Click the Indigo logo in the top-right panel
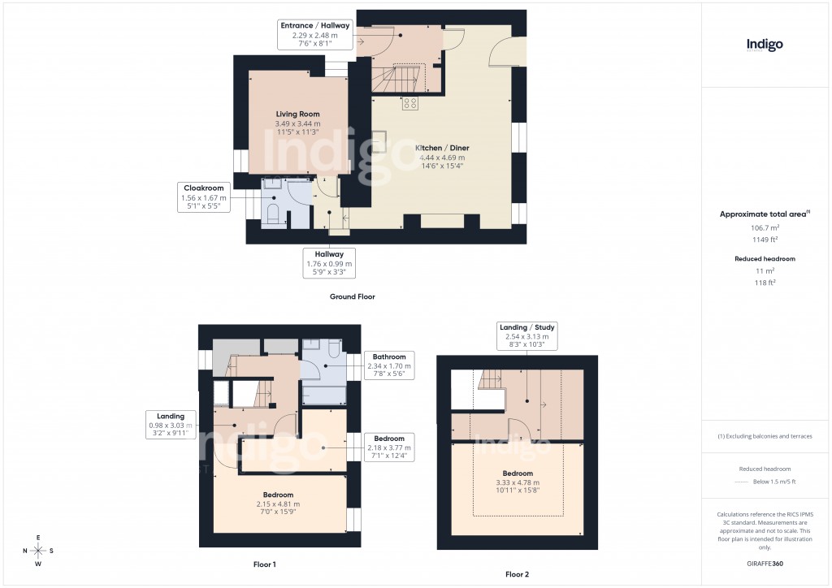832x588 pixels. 765,45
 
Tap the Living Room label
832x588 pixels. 297,115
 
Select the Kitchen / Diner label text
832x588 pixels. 442,148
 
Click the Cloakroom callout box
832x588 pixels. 203,197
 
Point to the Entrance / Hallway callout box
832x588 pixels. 314,36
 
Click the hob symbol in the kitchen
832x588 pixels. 409,103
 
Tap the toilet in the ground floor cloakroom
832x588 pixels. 273,214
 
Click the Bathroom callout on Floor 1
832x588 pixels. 389,366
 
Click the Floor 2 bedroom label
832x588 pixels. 517,473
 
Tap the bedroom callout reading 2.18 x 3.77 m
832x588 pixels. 389,447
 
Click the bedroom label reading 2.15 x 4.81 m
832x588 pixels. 278,495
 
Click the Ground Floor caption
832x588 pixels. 352,297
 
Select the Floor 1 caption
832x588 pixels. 265,564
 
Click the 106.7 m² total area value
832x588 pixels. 764,228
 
